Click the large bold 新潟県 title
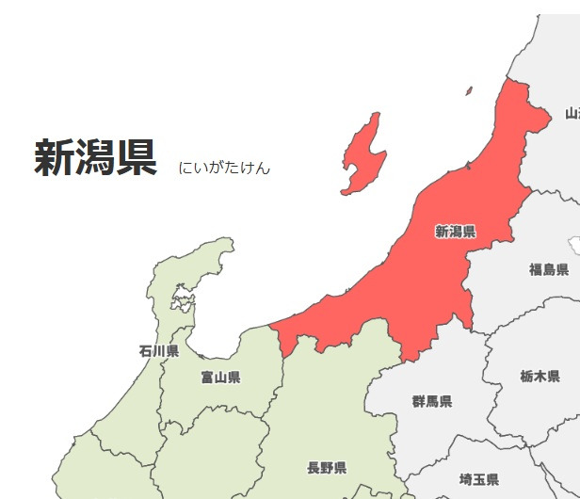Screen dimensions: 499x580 [95, 158]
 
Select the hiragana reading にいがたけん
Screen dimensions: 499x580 [224, 169]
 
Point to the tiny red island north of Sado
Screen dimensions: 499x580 [468, 91]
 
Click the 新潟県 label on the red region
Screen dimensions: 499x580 [455, 232]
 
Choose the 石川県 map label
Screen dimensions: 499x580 [158, 351]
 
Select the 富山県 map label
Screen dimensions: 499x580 [220, 378]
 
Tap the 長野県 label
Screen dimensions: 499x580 [327, 468]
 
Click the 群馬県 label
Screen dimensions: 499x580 [432, 401]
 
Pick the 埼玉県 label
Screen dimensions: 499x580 [478, 479]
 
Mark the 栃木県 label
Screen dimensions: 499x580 [540, 376]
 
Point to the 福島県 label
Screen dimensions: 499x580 [549, 270]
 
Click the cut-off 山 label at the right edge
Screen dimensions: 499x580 [572, 114]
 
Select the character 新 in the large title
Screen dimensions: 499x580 [55, 158]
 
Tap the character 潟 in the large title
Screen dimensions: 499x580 [95, 158]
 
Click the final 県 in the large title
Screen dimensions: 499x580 [136, 158]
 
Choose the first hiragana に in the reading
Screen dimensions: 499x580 [185, 169]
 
